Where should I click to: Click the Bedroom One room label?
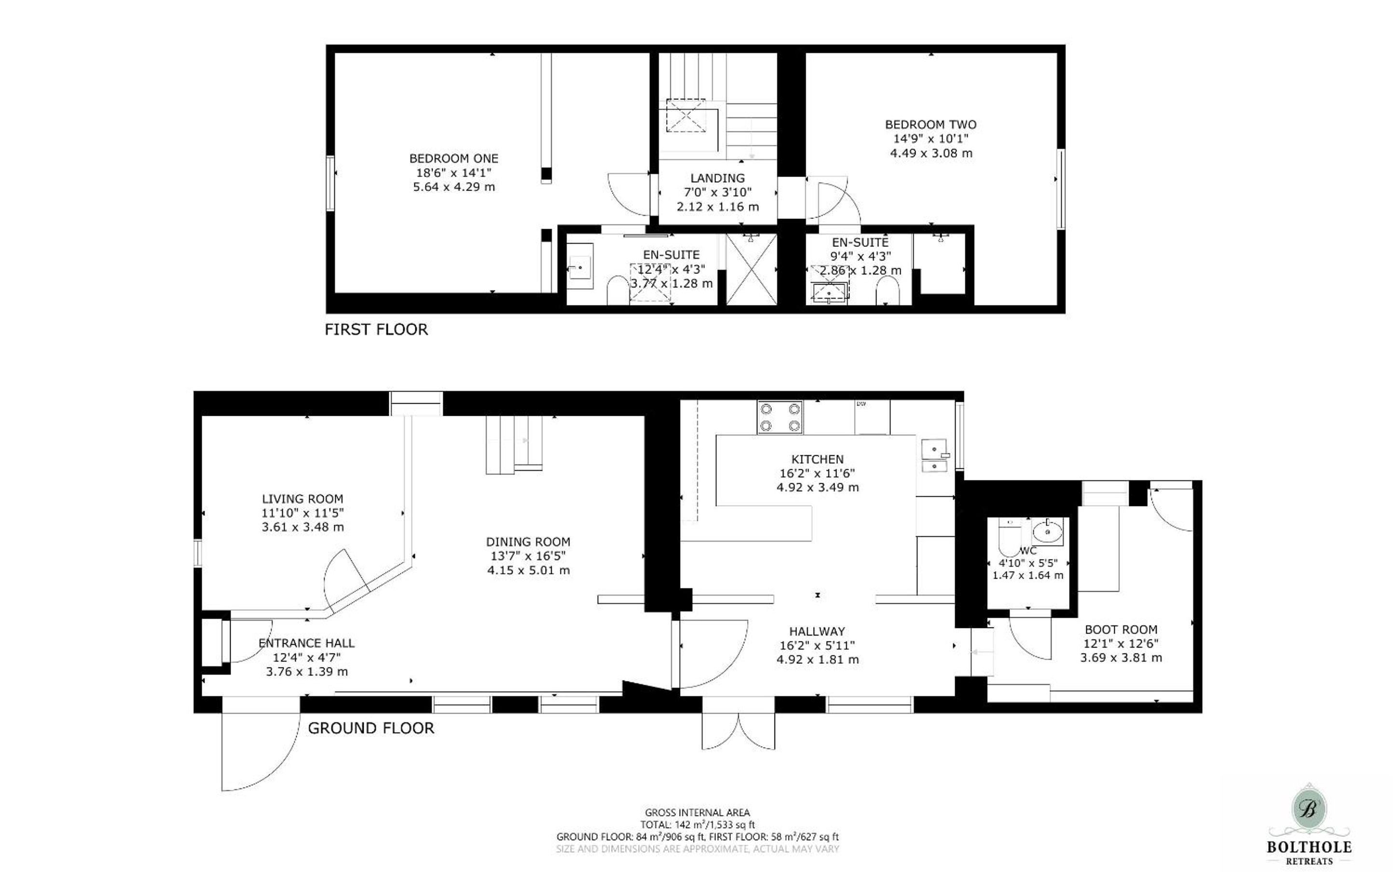pyautogui.click(x=454, y=159)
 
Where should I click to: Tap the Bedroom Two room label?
pyautogui.click(x=931, y=124)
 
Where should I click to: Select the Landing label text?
pyautogui.click(x=717, y=178)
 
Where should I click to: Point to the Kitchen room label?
pyautogui.click(x=817, y=460)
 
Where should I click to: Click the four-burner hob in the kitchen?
pyautogui.click(x=780, y=418)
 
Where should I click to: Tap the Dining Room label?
pyautogui.click(x=528, y=542)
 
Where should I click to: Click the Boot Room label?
pyautogui.click(x=1121, y=630)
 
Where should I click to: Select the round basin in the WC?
pyautogui.click(x=1048, y=531)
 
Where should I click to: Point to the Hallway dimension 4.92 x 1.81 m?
pyautogui.click(x=817, y=660)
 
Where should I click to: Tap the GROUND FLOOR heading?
pyautogui.click(x=371, y=728)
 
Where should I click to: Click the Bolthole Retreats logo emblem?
pyautogui.click(x=1309, y=810)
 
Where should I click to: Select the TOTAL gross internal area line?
pyautogui.click(x=697, y=825)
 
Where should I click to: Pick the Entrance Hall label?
pyautogui.click(x=306, y=643)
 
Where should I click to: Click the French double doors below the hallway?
pyautogui.click(x=738, y=731)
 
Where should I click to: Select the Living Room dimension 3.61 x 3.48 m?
pyautogui.click(x=303, y=527)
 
